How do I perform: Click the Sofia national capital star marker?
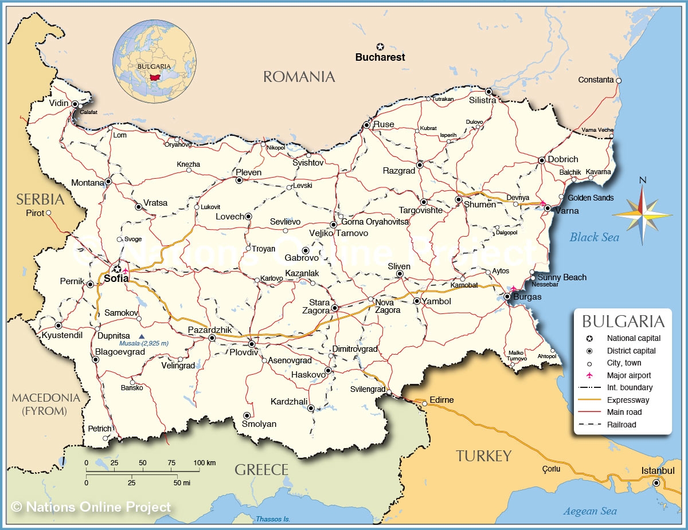[117, 269]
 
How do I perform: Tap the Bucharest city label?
[380, 57]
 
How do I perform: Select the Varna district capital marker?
[548, 208]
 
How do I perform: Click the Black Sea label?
[595, 237]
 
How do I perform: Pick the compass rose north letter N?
[642, 180]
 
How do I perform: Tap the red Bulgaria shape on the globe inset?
[154, 77]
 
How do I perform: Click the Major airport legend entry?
[629, 375]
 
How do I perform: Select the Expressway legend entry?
[628, 400]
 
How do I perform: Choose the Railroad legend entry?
[621, 425]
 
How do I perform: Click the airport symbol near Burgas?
[514, 288]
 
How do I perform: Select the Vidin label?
[58, 103]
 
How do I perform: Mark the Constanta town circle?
[619, 81]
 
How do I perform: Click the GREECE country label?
[261, 470]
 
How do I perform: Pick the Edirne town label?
[441, 400]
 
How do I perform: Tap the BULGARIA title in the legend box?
[623, 321]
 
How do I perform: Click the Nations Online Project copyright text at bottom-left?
[91, 507]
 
